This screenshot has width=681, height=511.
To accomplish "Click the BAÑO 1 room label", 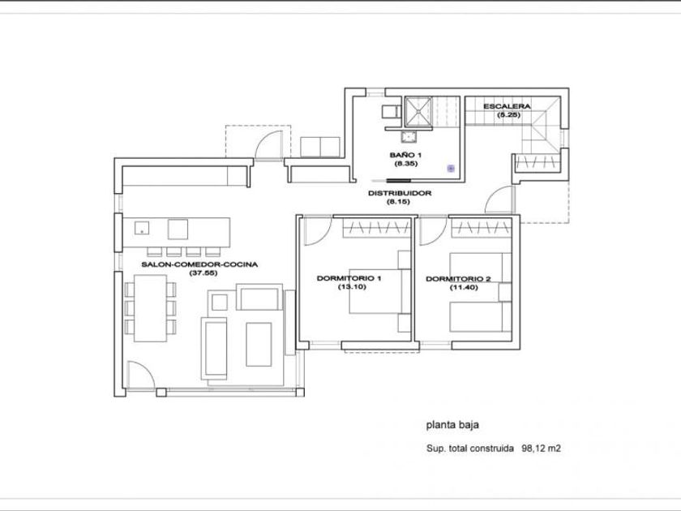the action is point(405,155).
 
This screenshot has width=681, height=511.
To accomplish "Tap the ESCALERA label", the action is point(507,106).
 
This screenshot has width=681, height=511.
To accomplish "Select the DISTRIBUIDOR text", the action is point(400,193).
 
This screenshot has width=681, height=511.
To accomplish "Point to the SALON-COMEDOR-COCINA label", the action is point(199,264).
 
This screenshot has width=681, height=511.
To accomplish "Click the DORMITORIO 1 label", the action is point(349,278).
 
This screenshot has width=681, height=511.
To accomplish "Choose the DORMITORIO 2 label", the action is point(458,278).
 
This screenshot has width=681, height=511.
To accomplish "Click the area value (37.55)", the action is point(203,273).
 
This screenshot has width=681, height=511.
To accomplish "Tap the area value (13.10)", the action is point(352,287).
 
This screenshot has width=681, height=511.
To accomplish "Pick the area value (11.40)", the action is point(464,287).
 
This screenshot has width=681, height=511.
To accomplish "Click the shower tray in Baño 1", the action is point(418,112).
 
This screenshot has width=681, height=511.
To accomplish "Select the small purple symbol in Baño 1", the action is point(451,168).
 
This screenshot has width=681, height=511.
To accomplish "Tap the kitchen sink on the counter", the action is point(142,228).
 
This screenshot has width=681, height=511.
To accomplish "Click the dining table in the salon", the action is point(150,308).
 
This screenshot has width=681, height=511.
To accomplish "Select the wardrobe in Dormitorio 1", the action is point(376,228).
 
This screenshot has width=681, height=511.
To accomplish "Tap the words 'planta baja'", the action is point(452,425).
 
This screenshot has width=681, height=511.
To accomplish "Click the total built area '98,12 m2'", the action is point(541,449).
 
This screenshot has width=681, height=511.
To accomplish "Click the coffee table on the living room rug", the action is point(259,344).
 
